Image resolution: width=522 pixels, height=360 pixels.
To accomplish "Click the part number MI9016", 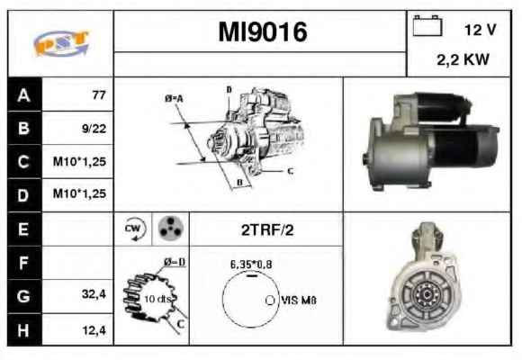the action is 262,32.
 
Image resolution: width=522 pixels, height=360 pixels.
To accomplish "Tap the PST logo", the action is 61,43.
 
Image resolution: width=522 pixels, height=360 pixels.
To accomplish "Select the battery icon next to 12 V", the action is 427,25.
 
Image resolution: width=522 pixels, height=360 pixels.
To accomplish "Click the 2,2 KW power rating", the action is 463,60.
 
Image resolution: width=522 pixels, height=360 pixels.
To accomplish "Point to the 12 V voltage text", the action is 480,30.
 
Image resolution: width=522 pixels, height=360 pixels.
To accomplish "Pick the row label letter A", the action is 23,95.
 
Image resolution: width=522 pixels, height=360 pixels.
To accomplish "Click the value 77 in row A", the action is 99,95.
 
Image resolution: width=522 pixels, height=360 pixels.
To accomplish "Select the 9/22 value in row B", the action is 94,129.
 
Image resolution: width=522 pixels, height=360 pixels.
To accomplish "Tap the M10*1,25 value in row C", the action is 79,161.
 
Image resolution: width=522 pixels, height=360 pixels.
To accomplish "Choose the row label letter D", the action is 23,195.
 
